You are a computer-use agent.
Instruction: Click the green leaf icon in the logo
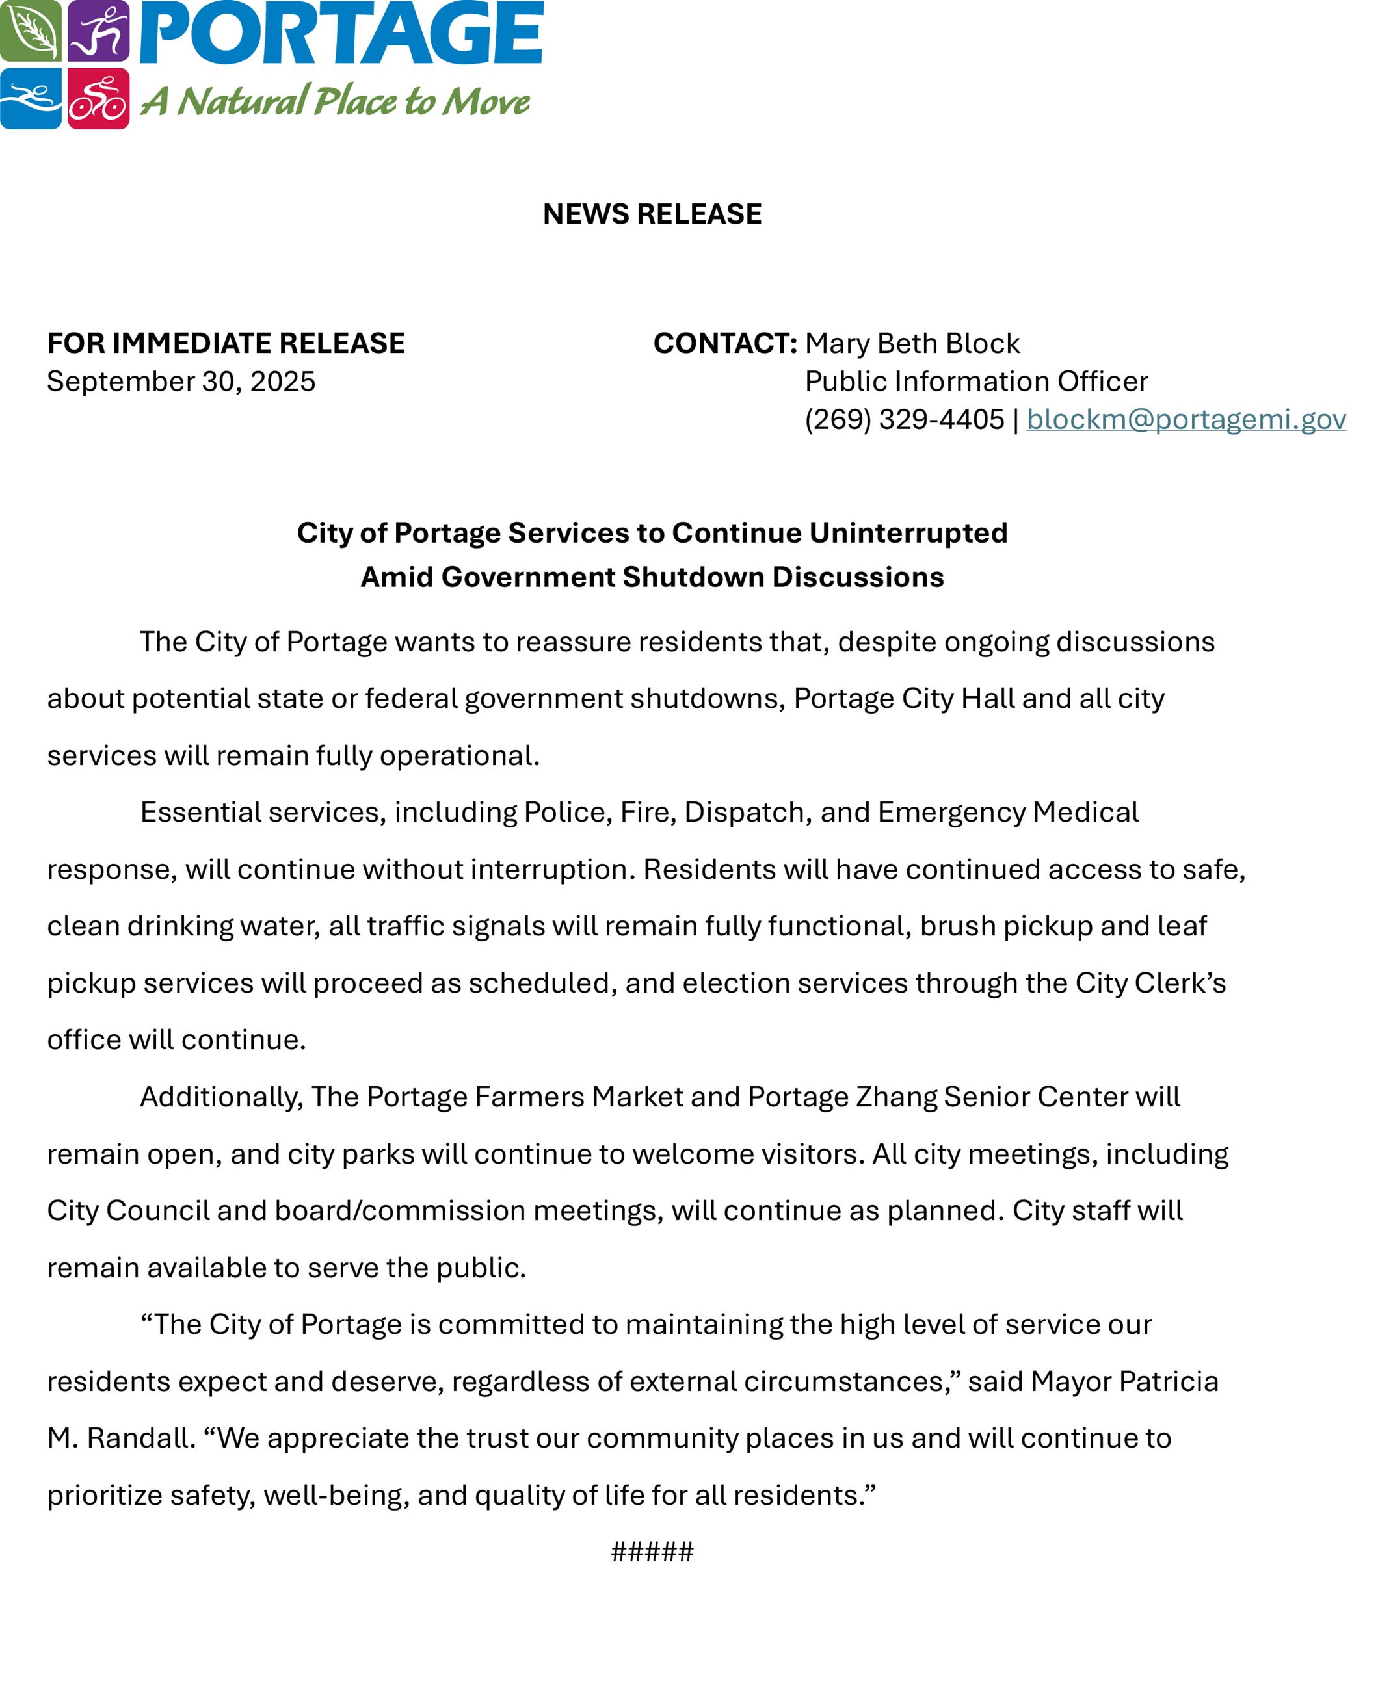31,31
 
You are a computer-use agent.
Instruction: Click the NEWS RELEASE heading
652,214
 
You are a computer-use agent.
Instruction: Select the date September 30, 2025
181,382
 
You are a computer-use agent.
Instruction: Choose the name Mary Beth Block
912,344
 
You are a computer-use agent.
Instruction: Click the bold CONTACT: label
724,344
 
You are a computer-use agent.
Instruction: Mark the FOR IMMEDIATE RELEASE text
226,344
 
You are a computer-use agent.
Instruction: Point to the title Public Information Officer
976,382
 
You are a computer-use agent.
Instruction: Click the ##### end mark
652,1552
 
